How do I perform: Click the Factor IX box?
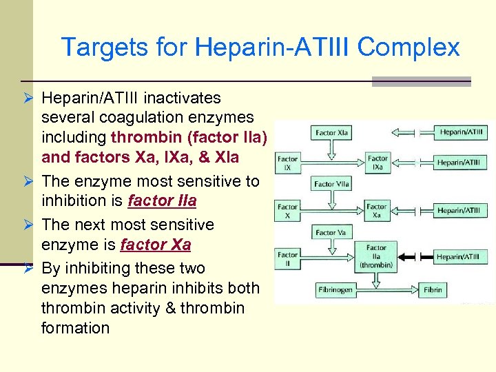(288, 163)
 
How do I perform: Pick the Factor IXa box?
(378, 163)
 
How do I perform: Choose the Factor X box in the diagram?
(288, 210)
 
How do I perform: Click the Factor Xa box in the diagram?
(377, 210)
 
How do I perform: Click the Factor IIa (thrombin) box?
(377, 257)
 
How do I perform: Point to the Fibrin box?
(433, 289)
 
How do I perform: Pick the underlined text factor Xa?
(155, 245)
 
